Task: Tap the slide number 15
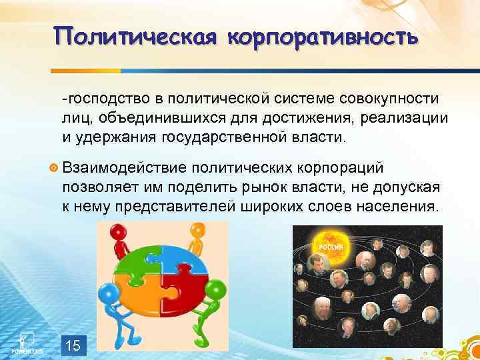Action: click(x=74, y=345)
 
